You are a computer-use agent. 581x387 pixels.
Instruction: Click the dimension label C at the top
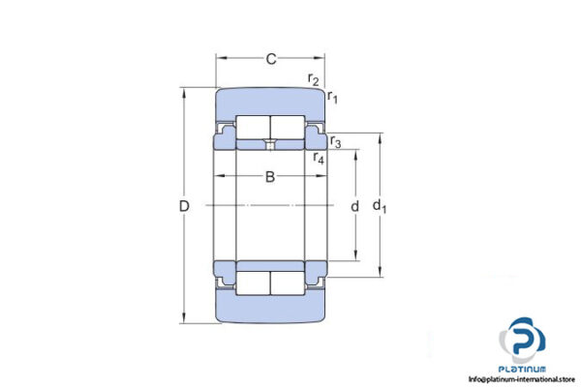(x=271, y=60)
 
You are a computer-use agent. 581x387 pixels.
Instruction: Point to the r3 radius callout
(x=335, y=142)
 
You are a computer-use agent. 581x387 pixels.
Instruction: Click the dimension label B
(x=270, y=177)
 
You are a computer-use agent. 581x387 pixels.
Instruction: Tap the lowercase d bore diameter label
(x=355, y=205)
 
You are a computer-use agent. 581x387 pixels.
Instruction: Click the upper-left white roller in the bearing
(x=254, y=127)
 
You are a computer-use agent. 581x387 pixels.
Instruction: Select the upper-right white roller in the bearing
(x=287, y=127)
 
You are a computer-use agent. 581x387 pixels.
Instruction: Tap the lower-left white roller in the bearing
(x=254, y=283)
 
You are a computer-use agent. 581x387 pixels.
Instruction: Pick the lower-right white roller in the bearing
(x=287, y=283)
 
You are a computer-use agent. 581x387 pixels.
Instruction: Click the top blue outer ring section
(x=270, y=101)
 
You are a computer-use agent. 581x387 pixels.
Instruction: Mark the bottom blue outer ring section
(x=270, y=311)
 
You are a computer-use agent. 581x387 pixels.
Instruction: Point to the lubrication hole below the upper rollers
(x=270, y=145)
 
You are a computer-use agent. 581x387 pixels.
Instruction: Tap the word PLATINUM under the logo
(x=523, y=368)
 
